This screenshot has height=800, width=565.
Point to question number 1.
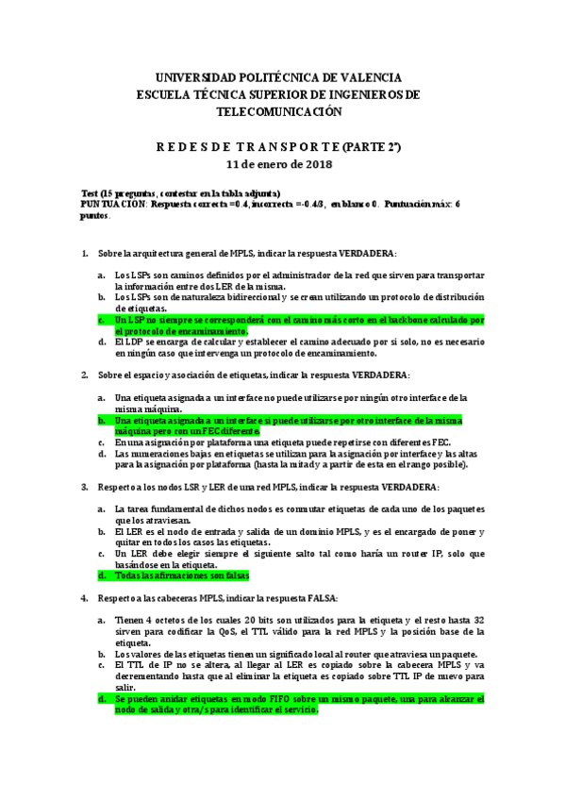[85, 254]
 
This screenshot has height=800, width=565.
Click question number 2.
[85, 375]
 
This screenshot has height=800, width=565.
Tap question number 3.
[85, 487]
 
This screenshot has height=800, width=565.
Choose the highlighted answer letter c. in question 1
[102, 320]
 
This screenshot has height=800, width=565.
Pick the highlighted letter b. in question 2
[102, 420]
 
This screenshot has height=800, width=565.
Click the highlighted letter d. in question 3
[102, 575]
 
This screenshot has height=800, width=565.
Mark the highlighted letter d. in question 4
[102, 699]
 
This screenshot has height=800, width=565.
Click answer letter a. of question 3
[102, 509]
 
